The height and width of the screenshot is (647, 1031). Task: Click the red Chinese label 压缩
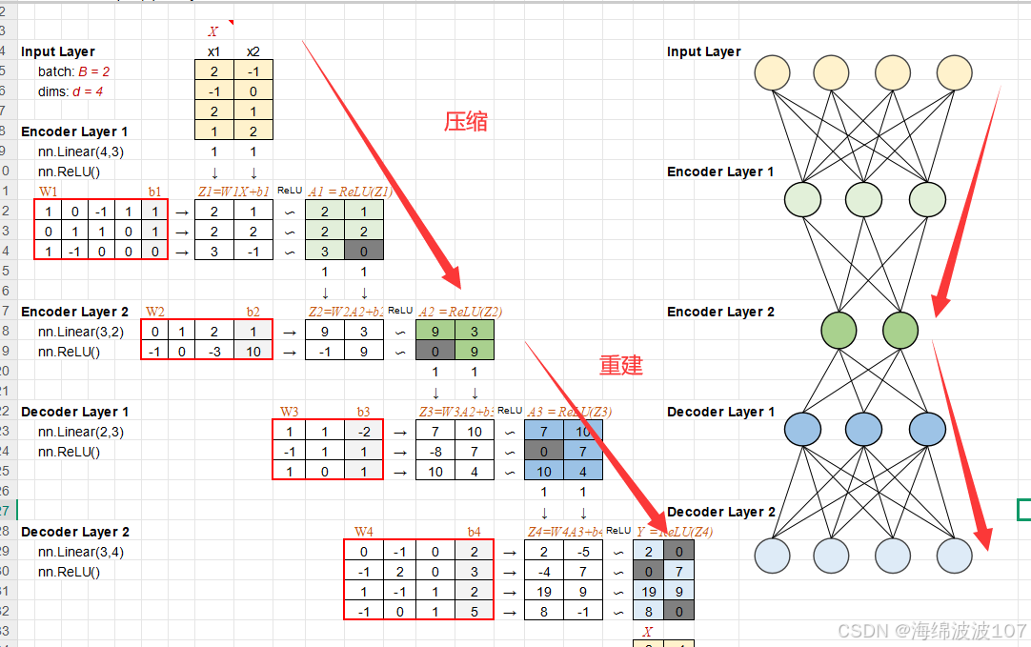467,121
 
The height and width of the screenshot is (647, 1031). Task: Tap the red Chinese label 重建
621,365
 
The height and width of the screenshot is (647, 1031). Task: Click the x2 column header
253,51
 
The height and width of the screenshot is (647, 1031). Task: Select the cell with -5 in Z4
582,551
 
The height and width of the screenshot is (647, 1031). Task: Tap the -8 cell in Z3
435,451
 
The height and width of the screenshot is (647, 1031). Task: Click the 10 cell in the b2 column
253,351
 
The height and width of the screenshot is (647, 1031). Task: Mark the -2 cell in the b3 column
363,431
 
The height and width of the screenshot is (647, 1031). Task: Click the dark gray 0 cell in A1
364,251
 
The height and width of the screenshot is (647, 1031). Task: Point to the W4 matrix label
364,531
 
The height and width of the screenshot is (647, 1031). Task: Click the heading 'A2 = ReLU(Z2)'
460,311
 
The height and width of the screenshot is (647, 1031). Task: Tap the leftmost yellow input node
773,73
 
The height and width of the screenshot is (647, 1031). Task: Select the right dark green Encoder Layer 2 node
900,330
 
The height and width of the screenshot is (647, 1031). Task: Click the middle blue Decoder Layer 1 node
863,430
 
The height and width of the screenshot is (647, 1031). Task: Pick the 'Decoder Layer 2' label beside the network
720,512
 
